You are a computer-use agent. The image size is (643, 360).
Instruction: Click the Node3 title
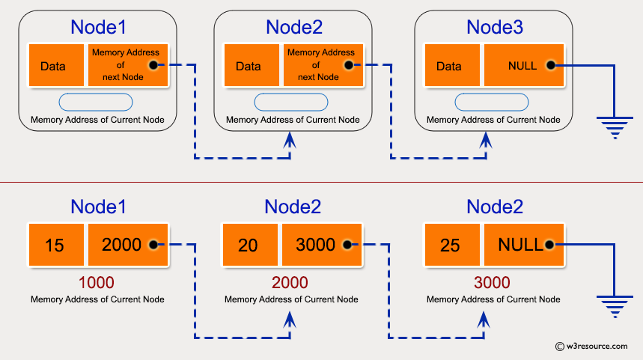(x=495, y=28)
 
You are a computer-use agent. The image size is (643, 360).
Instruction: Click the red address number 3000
(x=492, y=283)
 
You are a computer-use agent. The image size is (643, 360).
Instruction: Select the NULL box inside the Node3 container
(x=522, y=66)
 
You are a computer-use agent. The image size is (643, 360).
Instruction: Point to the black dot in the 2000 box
(x=153, y=245)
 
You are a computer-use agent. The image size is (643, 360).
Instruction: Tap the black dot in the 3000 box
(x=347, y=245)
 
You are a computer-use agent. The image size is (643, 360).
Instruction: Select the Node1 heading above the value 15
(x=98, y=207)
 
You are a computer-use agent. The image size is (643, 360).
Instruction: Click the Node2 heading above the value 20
(x=293, y=207)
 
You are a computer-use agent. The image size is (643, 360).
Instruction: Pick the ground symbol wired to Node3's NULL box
(x=615, y=127)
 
